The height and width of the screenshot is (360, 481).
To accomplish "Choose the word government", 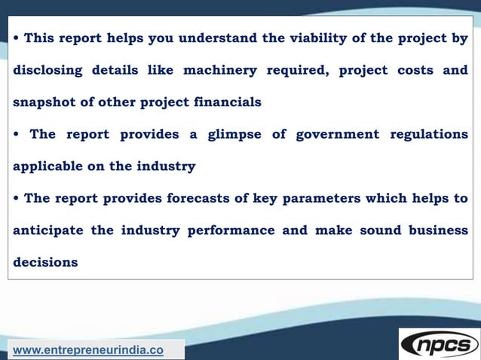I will pos(337,134).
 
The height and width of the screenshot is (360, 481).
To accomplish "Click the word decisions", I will pos(45,263).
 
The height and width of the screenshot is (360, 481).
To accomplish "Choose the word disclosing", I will pos(47,70).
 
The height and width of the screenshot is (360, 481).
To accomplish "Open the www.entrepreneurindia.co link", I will pos(88,350).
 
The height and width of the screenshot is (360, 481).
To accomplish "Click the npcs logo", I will pos(439,344).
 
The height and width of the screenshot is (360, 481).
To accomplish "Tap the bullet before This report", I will pos(17,38).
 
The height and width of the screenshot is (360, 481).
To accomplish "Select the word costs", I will pos(415,70).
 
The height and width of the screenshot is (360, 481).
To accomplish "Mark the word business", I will pos(438,230).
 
